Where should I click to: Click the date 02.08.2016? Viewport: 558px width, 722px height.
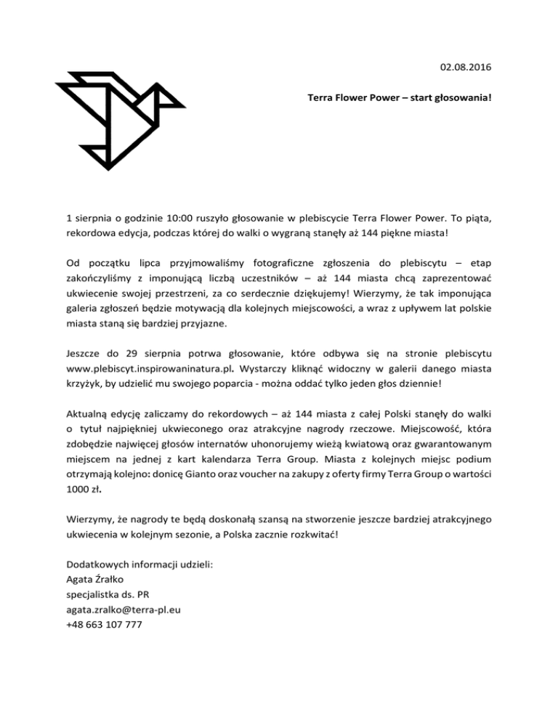465,68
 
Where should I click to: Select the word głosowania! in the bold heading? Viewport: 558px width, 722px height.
462,96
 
